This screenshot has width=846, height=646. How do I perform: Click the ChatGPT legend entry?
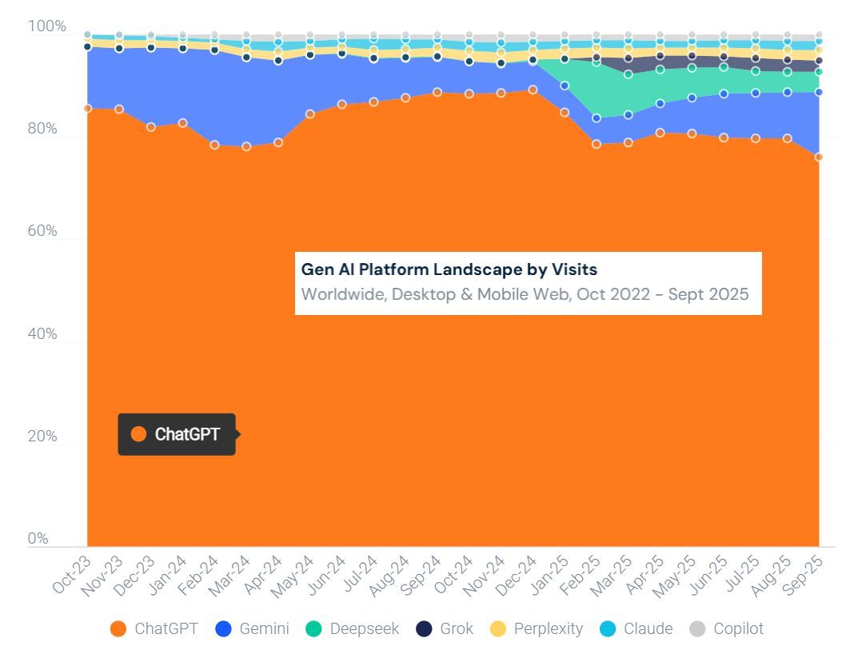click(154, 629)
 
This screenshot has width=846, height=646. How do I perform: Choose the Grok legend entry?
click(445, 629)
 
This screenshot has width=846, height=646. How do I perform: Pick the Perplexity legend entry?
click(537, 629)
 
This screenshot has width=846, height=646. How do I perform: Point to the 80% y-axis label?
click(43, 129)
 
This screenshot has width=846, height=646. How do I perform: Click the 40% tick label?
click(43, 334)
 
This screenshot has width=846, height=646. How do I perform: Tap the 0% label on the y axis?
click(38, 539)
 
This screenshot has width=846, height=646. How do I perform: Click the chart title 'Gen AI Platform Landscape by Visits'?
click(449, 270)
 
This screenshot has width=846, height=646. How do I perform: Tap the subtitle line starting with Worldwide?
click(525, 294)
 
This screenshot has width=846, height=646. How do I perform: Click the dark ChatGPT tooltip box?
click(177, 434)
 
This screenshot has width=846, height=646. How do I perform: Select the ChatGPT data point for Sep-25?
click(819, 157)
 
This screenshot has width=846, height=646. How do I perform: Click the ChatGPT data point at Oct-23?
click(87, 108)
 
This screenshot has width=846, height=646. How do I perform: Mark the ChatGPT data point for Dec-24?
click(533, 90)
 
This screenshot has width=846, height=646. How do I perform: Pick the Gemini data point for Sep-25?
click(819, 93)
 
